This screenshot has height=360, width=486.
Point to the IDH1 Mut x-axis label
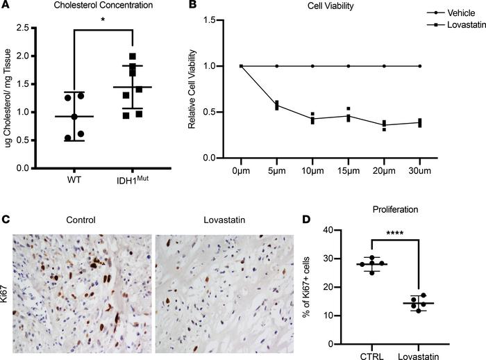coord(133,182)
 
